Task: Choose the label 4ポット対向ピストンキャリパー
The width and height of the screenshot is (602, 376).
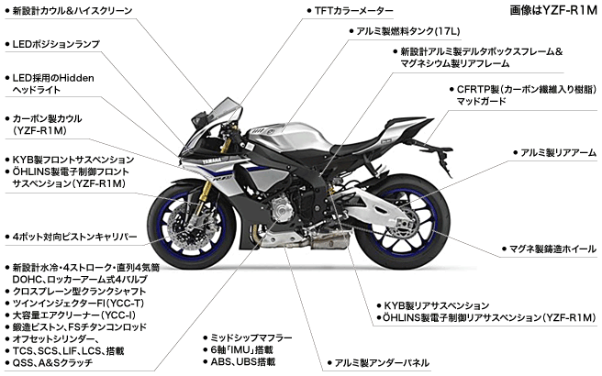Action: [74, 237]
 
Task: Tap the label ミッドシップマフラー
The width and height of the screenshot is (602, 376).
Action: [251, 337]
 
